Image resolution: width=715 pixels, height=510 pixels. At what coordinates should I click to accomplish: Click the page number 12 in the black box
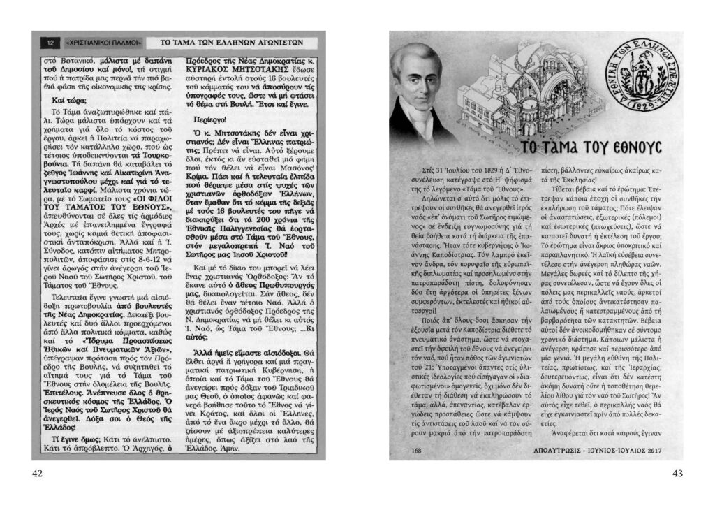[x=50, y=43]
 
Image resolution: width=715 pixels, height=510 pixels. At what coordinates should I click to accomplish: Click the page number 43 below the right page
[x=677, y=474]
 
